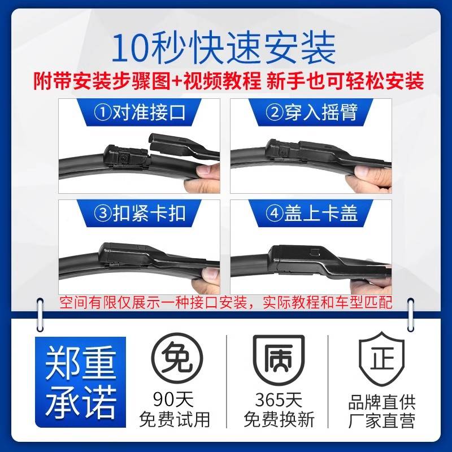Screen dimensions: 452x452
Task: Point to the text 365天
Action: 279,401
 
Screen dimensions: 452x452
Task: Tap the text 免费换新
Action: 279,420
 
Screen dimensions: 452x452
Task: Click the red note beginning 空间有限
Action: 226,302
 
